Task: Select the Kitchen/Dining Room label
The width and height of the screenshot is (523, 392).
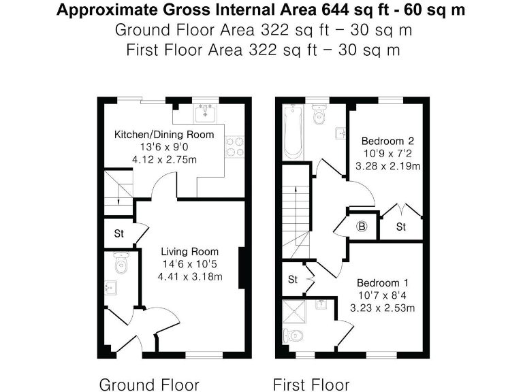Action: (x=163, y=134)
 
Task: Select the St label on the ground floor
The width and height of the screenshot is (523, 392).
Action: (x=118, y=233)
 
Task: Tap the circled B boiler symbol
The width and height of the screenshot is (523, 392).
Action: (x=362, y=226)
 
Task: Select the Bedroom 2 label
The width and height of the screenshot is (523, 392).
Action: (x=387, y=141)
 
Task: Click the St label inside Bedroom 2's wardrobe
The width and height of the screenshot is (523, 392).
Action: (x=400, y=227)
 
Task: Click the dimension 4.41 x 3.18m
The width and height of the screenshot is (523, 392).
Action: (x=190, y=276)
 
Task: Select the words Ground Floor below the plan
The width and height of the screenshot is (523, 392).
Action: (x=149, y=385)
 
